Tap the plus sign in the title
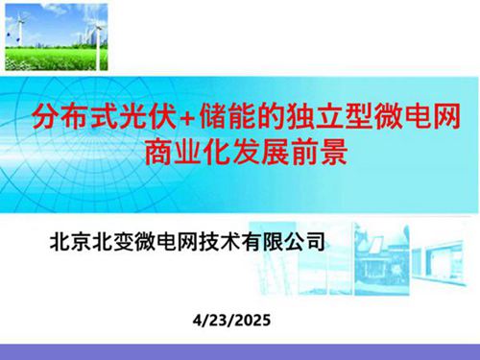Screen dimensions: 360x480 click(193, 120)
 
